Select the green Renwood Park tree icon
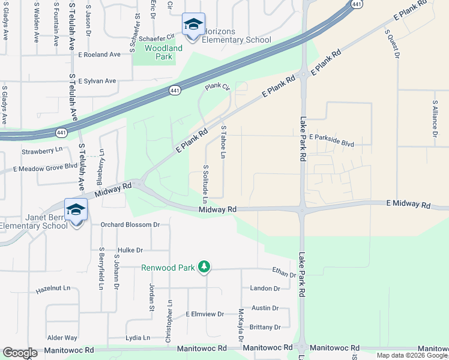204,267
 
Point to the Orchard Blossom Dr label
129,225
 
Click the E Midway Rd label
408,205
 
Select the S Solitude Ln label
205,183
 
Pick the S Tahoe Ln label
223,142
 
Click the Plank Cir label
217,87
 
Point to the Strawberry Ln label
42,150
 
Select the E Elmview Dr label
205,314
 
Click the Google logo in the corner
20,353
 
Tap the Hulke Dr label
130,250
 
